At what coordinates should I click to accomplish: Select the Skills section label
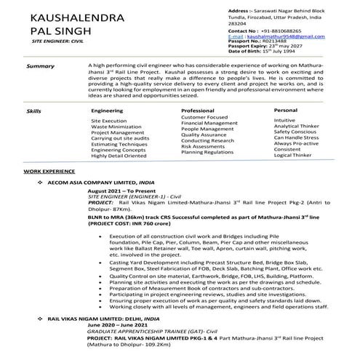click(x=33, y=110)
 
